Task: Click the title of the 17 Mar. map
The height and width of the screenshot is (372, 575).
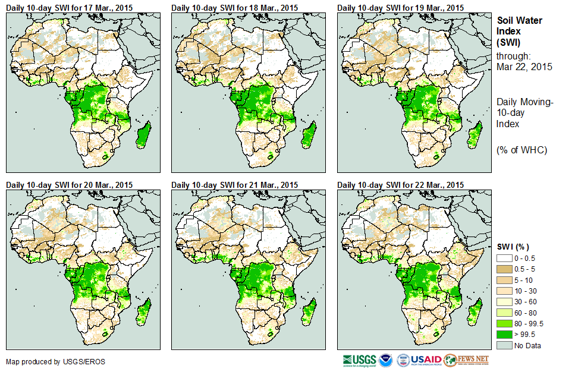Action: [69, 8]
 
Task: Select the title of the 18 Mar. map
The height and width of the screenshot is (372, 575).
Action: [234, 8]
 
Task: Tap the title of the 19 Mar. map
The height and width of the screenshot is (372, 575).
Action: [400, 8]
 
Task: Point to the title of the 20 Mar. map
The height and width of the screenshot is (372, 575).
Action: [69, 185]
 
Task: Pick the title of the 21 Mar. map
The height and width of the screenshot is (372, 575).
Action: [234, 185]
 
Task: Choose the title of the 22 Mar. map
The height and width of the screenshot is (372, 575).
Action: [400, 185]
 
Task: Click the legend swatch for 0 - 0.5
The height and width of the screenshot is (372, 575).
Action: [504, 258]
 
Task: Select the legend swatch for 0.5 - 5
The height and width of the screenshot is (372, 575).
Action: [504, 269]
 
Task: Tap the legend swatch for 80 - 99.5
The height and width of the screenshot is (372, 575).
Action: [504, 324]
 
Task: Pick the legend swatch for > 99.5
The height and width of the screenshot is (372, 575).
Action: [504, 335]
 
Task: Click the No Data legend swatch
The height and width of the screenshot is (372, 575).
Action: [504, 345]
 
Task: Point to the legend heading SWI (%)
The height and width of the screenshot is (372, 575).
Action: [513, 247]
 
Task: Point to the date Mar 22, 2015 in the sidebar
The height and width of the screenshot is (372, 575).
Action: [524, 67]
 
